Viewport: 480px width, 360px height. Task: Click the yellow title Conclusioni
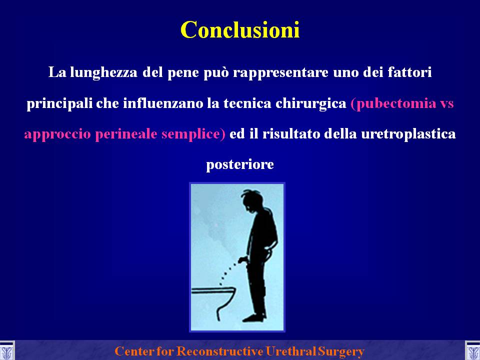pos(240,29)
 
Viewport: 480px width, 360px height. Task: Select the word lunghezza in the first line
pos(104,73)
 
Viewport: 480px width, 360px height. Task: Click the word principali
pos(59,104)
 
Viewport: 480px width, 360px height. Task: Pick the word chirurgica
pos(310,104)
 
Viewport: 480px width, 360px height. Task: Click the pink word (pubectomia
pos(393,104)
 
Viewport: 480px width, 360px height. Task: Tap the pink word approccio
pos(57,134)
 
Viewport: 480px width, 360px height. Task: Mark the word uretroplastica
pos(408,134)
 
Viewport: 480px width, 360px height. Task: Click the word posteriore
pos(240,165)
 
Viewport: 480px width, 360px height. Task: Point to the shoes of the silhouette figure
pos(254,317)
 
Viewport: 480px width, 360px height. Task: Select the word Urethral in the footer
pos(291,351)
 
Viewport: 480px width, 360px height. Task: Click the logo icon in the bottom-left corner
pos(6,351)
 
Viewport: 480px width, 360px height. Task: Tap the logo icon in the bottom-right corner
pos(472,351)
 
